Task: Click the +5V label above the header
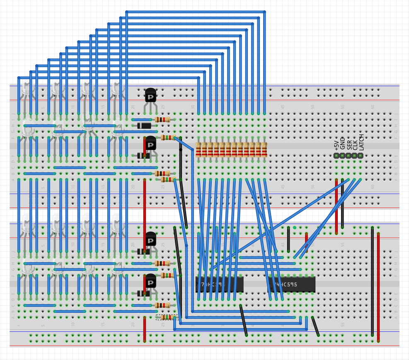(336, 145)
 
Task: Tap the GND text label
(343, 143)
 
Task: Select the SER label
(349, 144)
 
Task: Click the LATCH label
(361, 142)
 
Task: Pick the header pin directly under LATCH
(361, 156)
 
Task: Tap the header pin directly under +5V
(336, 156)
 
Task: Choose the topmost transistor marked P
(150, 96)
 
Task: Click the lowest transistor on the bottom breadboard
(150, 282)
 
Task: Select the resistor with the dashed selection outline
(167, 317)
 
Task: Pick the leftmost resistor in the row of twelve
(198, 150)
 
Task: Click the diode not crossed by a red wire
(144, 126)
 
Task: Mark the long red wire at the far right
(378, 286)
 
